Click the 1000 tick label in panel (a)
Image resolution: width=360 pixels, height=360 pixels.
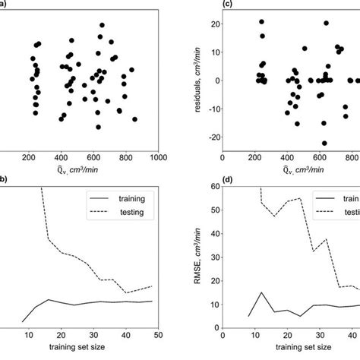pyautogui.click(x=158, y=159)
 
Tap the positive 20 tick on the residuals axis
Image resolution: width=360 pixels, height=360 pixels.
pyautogui.click(x=215, y=24)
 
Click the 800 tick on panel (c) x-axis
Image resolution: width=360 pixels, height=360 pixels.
pyautogui.click(x=351, y=159)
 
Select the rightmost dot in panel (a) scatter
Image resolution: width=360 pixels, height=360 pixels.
pyautogui.click(x=135, y=119)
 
